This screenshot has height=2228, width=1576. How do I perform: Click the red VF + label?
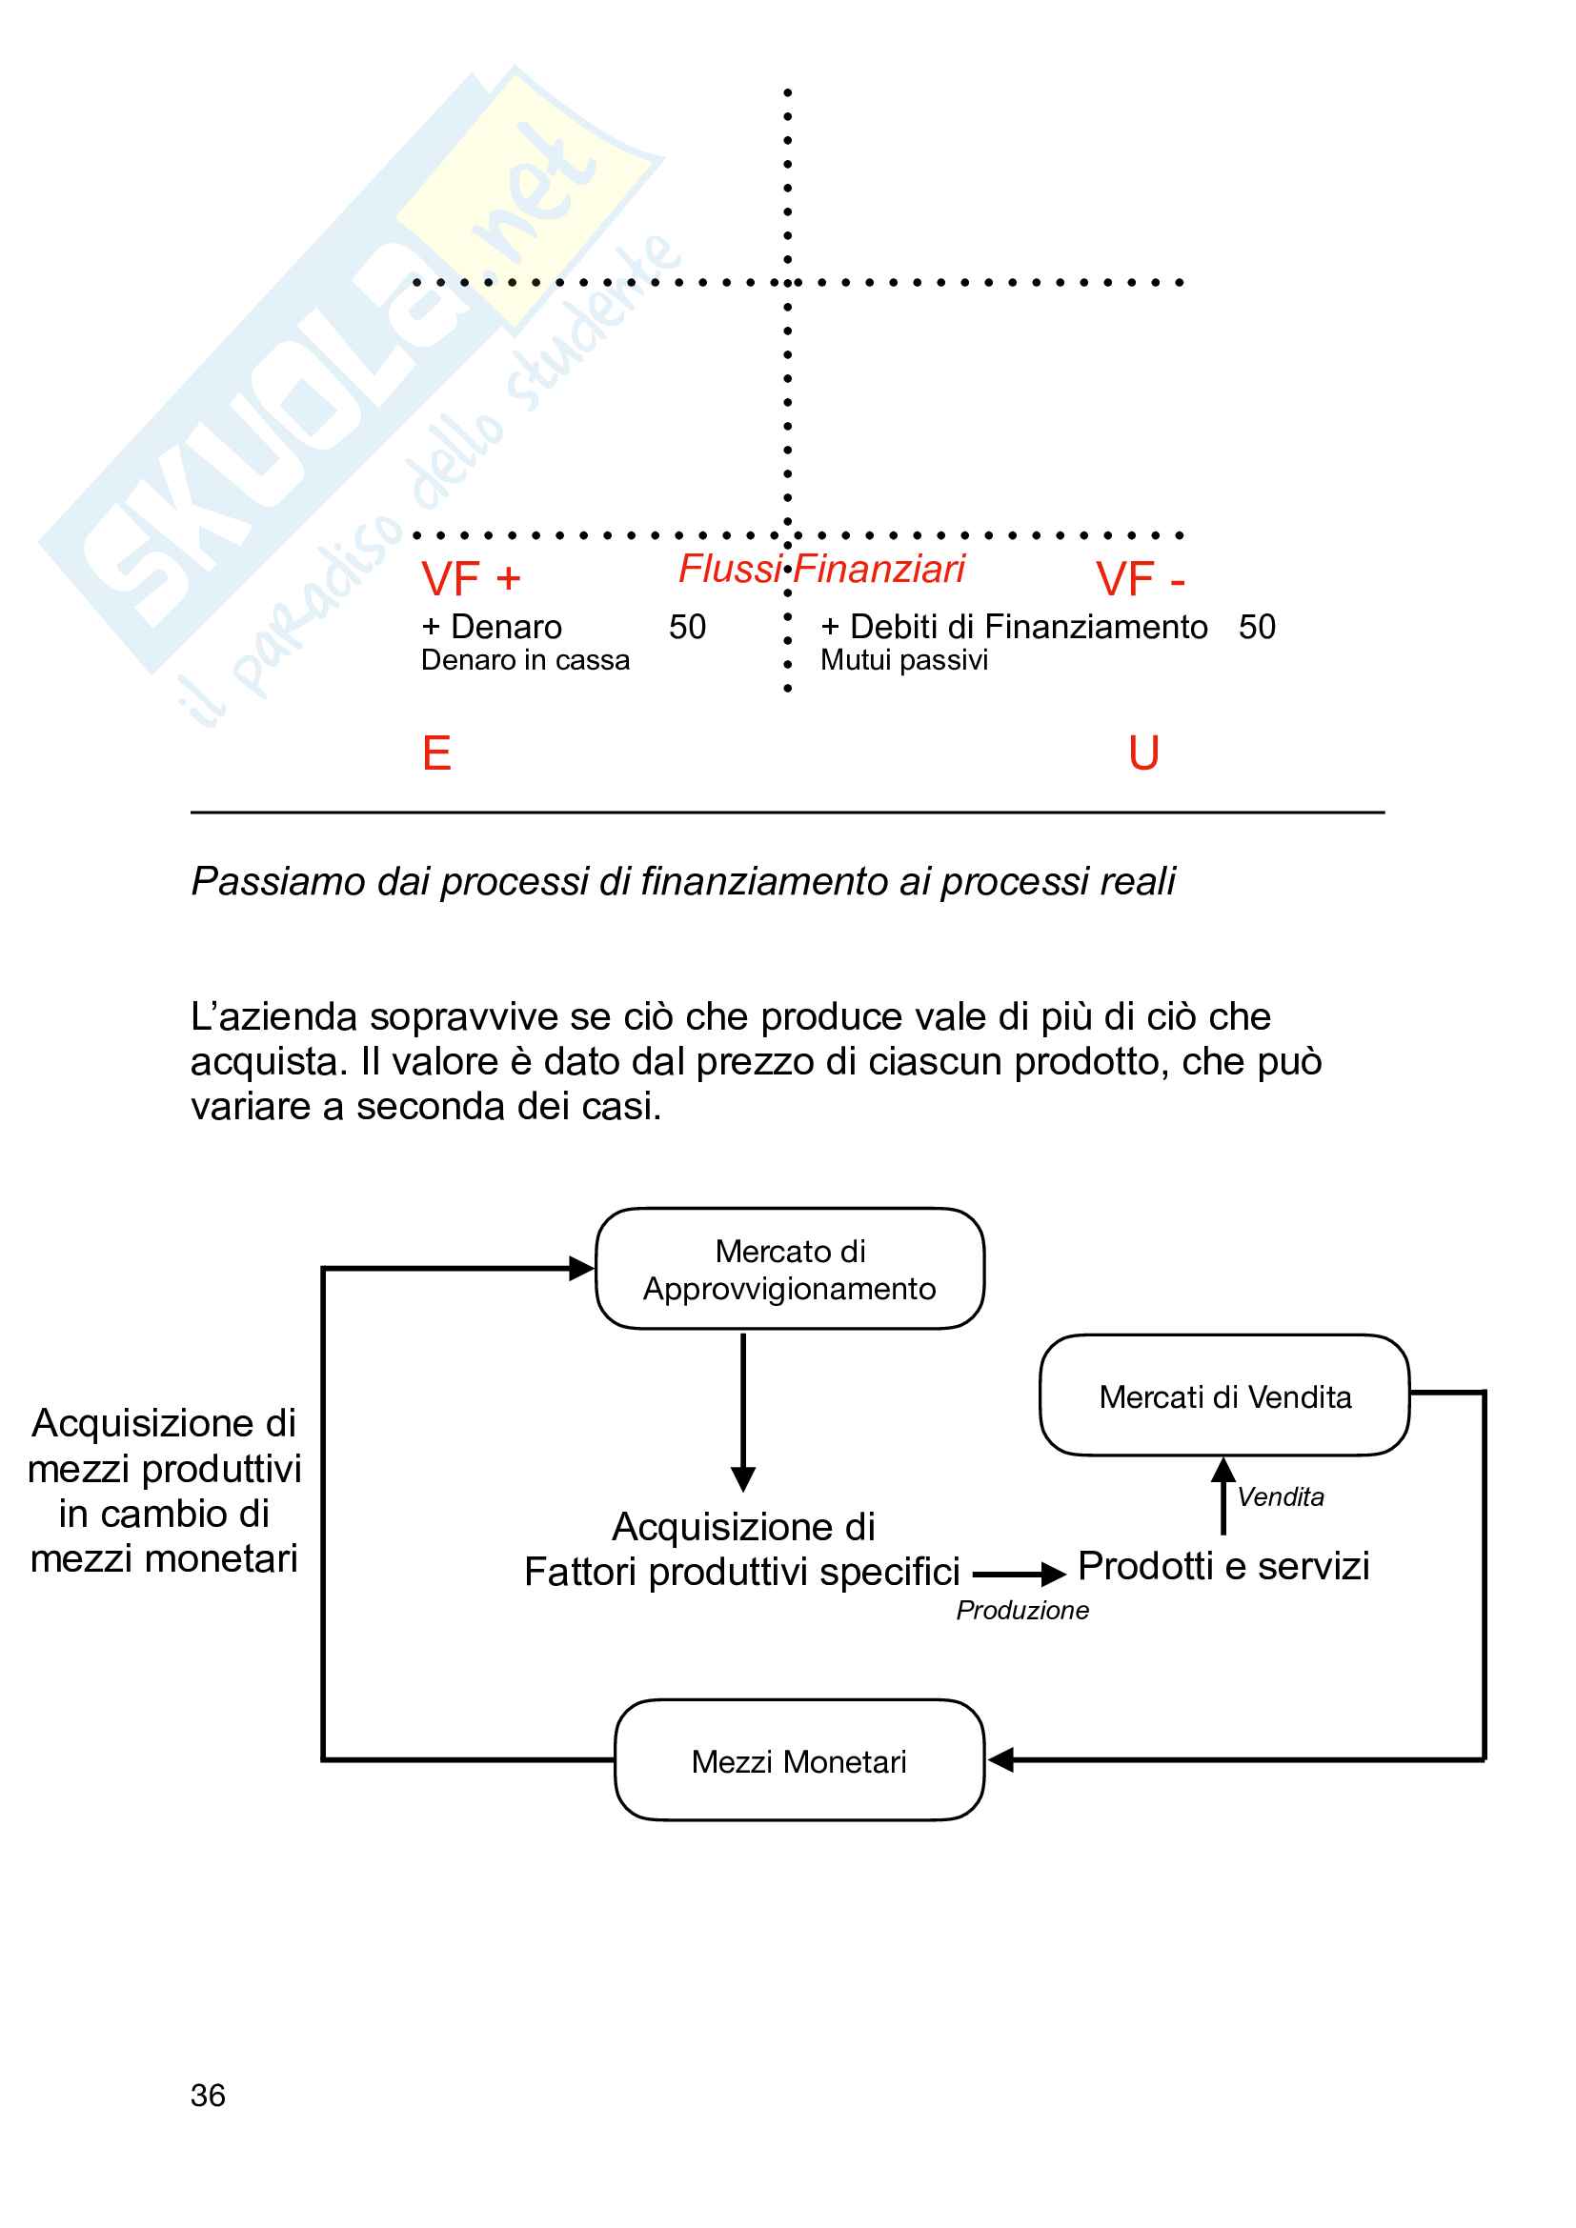(x=471, y=579)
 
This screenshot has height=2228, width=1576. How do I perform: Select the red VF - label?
(x=1141, y=579)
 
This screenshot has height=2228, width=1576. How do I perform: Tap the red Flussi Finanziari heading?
(x=821, y=569)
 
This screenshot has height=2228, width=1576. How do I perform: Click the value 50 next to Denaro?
(x=687, y=627)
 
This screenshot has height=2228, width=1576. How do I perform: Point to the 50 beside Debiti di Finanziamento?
(x=1257, y=627)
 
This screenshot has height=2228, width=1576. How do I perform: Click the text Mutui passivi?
(x=903, y=660)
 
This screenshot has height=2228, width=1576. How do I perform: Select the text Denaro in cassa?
(x=525, y=660)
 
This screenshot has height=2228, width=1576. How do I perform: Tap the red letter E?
(x=436, y=753)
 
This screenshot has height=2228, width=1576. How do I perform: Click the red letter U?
(x=1144, y=753)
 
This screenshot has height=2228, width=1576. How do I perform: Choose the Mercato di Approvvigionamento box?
(x=790, y=1268)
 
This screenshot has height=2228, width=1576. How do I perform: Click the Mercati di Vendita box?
(x=1223, y=1395)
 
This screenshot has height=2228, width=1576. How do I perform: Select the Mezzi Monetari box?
(x=798, y=1760)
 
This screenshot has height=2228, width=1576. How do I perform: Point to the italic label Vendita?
(x=1280, y=1496)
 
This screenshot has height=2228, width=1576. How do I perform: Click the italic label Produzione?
(x=1021, y=1610)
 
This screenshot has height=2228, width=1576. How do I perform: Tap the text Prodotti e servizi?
(x=1223, y=1565)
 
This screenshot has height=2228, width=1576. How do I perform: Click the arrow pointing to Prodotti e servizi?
(x=1019, y=1574)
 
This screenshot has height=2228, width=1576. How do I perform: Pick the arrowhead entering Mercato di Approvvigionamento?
(x=581, y=1268)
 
